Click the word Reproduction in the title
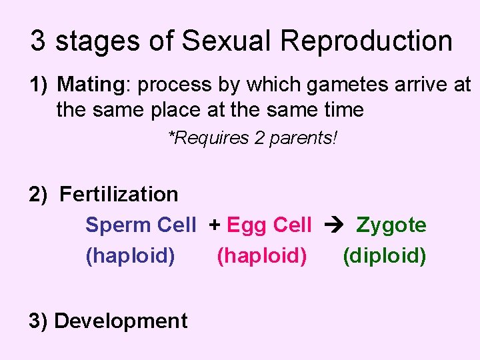coord(366,41)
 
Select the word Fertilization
coord(119,195)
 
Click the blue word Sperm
coord(118,225)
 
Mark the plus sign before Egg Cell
coord(215,225)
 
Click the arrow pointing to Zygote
coord(333,225)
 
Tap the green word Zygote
coord(391,225)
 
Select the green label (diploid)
coord(384,256)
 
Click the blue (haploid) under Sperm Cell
coord(131,256)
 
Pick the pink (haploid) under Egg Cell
coord(262,256)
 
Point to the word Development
coord(121,321)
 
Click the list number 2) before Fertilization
coord(38,195)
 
